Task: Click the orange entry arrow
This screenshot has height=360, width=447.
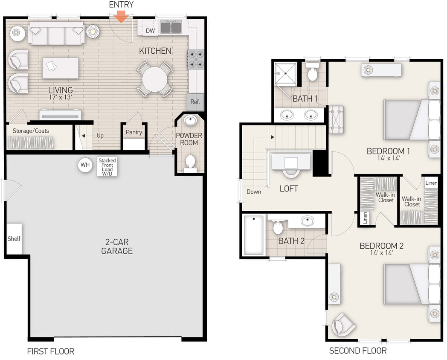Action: pyautogui.click(x=122, y=17)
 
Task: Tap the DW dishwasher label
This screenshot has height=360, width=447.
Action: pyautogui.click(x=150, y=31)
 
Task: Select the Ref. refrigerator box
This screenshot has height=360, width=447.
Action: pyautogui.click(x=195, y=102)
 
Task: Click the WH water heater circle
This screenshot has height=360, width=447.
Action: pyautogui.click(x=85, y=165)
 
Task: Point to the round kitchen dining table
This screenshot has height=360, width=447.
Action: pyautogui.click(x=155, y=79)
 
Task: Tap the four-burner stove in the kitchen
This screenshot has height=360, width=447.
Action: pyautogui.click(x=196, y=59)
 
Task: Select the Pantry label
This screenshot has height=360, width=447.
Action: pyautogui.click(x=134, y=132)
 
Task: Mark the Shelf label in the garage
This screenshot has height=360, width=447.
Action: pyautogui.click(x=14, y=239)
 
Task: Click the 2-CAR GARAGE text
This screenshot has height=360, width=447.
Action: pyautogui.click(x=117, y=247)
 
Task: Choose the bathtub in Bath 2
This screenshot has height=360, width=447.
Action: pyautogui.click(x=253, y=234)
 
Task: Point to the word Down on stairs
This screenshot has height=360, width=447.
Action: pyautogui.click(x=254, y=192)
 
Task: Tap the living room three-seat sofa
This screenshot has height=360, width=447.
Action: pyautogui.click(x=56, y=34)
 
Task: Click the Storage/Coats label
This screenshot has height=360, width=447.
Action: pyautogui.click(x=31, y=131)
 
